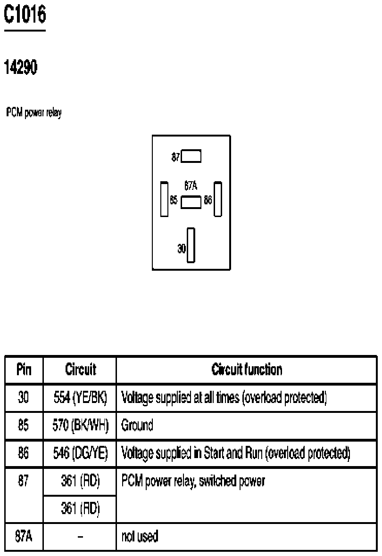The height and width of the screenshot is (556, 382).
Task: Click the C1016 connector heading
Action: pyautogui.click(x=25, y=15)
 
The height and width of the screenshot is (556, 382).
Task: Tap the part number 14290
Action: pyautogui.click(x=21, y=67)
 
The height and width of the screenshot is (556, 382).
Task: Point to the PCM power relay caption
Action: pyautogui.click(x=34, y=113)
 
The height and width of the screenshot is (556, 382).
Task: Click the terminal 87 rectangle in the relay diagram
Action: pyautogui.click(x=191, y=156)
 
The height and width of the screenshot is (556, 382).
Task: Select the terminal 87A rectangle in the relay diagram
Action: pyautogui.click(x=191, y=202)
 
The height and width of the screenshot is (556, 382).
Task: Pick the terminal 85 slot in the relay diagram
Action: pyautogui.click(x=164, y=199)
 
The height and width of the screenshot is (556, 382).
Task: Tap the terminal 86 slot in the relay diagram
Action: pyautogui.click(x=218, y=199)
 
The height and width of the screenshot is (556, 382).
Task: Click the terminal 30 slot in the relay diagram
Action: pyautogui.click(x=191, y=245)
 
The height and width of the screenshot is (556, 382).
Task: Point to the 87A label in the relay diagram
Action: pyautogui.click(x=191, y=185)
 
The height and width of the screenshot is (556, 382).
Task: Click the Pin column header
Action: pyautogui.click(x=24, y=370)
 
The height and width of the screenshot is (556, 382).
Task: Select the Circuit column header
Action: pyautogui.click(x=81, y=370)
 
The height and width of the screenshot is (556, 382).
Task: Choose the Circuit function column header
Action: pyautogui.click(x=247, y=370)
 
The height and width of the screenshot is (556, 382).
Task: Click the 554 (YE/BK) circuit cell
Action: pyautogui.click(x=80, y=397)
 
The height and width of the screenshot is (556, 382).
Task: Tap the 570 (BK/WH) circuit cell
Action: pyautogui.click(x=80, y=425)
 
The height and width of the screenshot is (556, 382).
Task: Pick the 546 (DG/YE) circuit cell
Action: pyautogui.click(x=80, y=453)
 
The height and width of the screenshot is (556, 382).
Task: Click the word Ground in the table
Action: pyautogui.click(x=137, y=425)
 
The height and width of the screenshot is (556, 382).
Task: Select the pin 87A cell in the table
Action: pyautogui.click(x=24, y=536)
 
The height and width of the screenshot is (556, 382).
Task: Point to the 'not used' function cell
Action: pyautogui.click(x=140, y=536)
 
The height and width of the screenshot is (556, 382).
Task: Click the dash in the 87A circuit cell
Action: pyautogui.click(x=80, y=537)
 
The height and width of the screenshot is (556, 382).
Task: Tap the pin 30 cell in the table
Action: pyautogui.click(x=24, y=397)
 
